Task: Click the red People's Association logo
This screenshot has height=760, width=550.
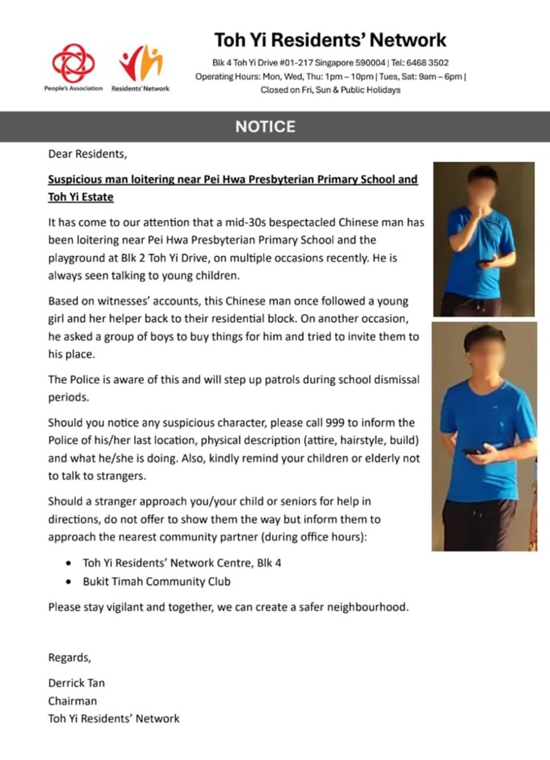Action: pyautogui.click(x=73, y=62)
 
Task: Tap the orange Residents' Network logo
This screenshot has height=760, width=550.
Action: pyautogui.click(x=141, y=63)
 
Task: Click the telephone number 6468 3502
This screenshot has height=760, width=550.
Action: pyautogui.click(x=427, y=62)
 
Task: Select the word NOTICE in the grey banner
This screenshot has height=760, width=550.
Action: pyautogui.click(x=265, y=127)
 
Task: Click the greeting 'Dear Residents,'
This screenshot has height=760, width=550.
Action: pyautogui.click(x=88, y=153)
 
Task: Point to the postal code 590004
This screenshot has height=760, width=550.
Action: pyautogui.click(x=370, y=62)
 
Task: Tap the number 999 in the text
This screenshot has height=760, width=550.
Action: pyautogui.click(x=335, y=423)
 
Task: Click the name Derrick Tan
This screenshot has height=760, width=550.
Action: pyautogui.click(x=76, y=683)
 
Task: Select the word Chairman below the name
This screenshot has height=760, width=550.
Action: pyautogui.click(x=72, y=700)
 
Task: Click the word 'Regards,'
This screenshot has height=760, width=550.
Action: pyautogui.click(x=69, y=657)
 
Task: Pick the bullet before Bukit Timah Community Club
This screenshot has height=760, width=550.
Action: pyautogui.click(x=69, y=582)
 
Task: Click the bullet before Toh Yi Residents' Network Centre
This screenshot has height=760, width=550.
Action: pyautogui.click(x=69, y=563)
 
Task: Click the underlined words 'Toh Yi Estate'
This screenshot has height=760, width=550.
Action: pyautogui.click(x=81, y=197)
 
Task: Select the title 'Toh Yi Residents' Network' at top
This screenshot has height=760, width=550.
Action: pyautogui.click(x=330, y=40)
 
